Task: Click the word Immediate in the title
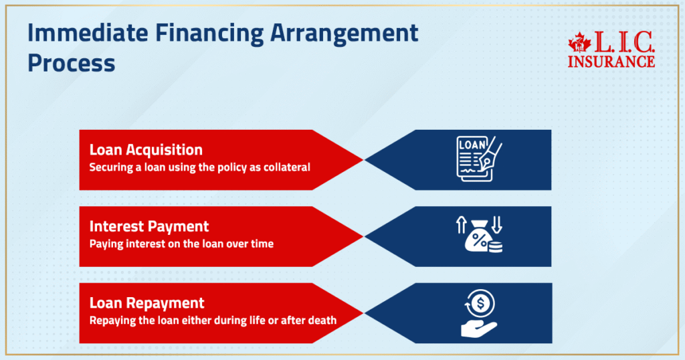pyautogui.click(x=88, y=33)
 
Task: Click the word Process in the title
pyautogui.click(x=71, y=63)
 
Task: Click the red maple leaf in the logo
pyautogui.click(x=579, y=43)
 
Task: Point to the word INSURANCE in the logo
pyautogui.click(x=611, y=62)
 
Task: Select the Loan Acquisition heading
pyautogui.click(x=146, y=150)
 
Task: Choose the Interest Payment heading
pyautogui.click(x=149, y=226)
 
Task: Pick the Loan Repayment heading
pyautogui.click(x=146, y=303)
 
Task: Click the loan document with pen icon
pyautogui.click(x=479, y=159)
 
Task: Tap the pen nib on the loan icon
pyautogui.click(x=486, y=161)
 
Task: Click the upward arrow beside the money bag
pyautogui.click(x=462, y=225)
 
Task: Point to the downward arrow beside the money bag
pyautogui.click(x=497, y=225)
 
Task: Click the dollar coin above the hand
pyautogui.click(x=480, y=302)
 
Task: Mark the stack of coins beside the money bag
pyautogui.click(x=496, y=248)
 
